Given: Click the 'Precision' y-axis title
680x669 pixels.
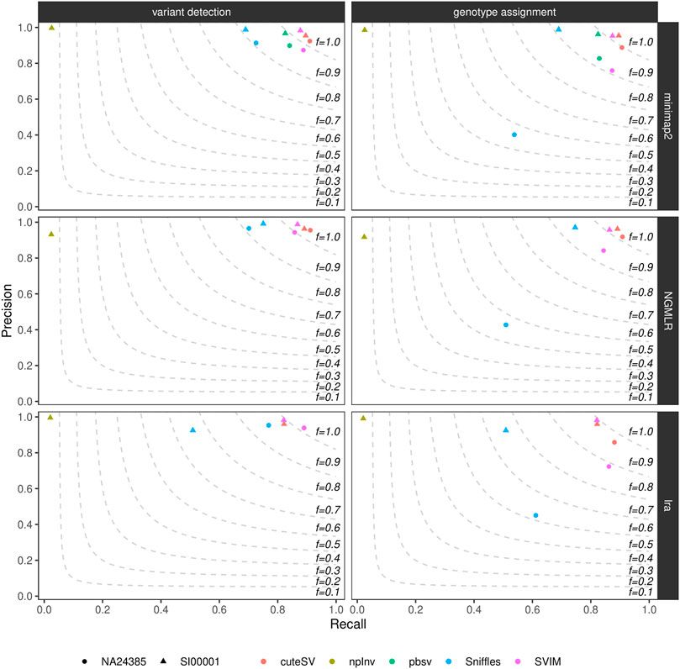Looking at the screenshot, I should click(x=9, y=309).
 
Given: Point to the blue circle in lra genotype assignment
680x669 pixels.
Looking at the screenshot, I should click(x=535, y=515).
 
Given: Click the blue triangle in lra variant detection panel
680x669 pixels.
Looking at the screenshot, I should click(x=193, y=430).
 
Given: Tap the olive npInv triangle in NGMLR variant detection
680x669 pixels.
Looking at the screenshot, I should click(x=51, y=234).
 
